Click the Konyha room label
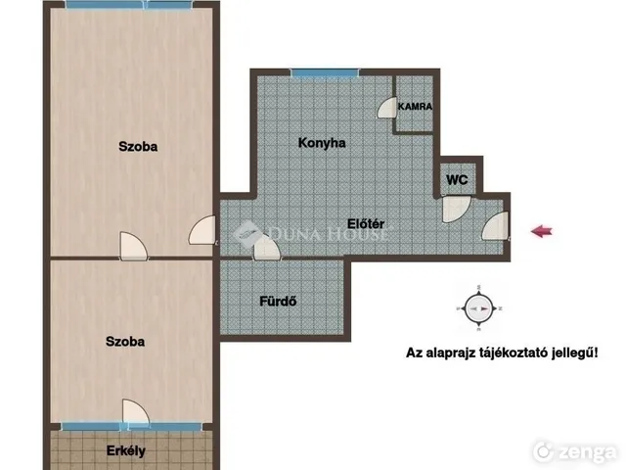(x=322, y=143)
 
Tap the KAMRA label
(x=415, y=107)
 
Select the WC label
(x=457, y=179)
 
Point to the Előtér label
(x=366, y=224)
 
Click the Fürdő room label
(x=278, y=301)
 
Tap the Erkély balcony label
(x=126, y=450)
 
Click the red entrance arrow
(x=542, y=231)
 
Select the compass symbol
(x=478, y=308)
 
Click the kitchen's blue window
(x=325, y=72)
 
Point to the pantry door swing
(x=386, y=108)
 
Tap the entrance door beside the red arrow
(x=496, y=226)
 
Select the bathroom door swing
(x=267, y=248)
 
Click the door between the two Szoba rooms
(x=134, y=246)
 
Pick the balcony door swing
(x=136, y=411)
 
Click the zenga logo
(x=574, y=451)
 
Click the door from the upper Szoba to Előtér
(x=202, y=230)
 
